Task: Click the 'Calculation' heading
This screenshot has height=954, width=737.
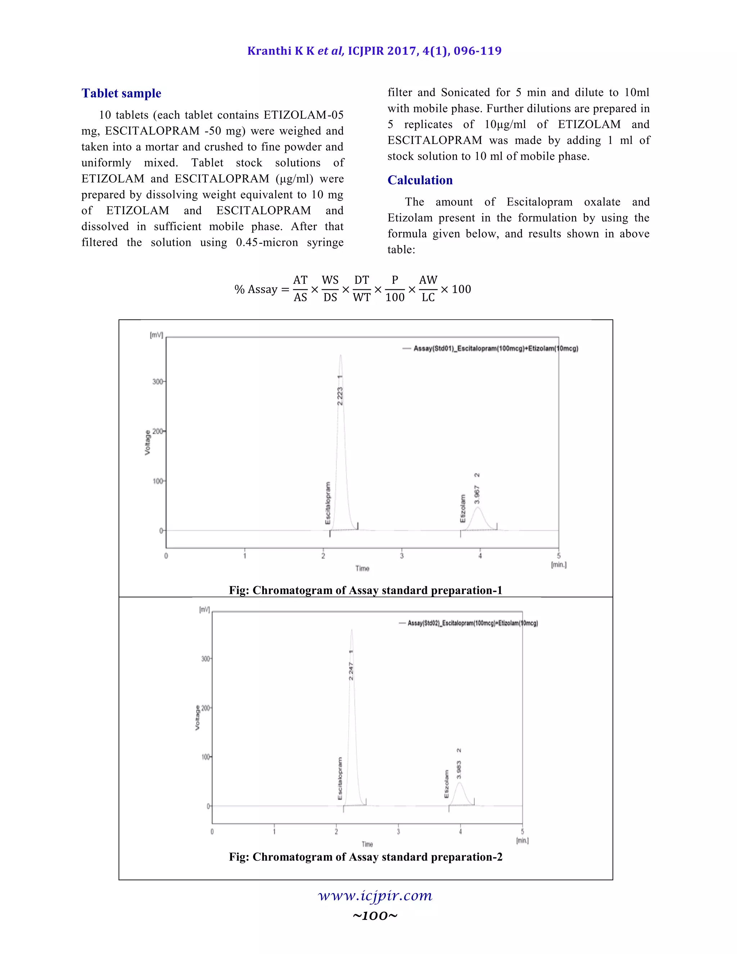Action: coord(420,180)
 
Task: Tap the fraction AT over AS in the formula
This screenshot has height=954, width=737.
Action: coord(300,289)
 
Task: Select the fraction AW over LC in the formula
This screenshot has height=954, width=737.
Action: coord(428,289)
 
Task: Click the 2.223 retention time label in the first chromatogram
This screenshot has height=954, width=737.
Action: coord(340,396)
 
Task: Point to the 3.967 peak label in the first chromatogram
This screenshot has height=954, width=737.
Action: coord(477,494)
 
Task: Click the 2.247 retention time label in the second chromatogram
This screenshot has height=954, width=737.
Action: coord(351,671)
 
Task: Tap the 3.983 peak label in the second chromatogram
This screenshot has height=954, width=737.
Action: coord(459,769)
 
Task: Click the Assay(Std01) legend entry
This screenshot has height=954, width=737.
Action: coord(496,348)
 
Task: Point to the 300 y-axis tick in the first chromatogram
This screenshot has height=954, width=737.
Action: coord(157,381)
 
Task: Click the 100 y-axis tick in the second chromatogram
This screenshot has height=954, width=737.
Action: coord(205,757)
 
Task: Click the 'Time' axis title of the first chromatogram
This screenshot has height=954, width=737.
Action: coord(362,568)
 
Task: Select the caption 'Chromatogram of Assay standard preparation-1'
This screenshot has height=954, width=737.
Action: coord(366,590)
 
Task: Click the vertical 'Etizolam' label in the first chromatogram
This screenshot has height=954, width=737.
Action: coord(462,508)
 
